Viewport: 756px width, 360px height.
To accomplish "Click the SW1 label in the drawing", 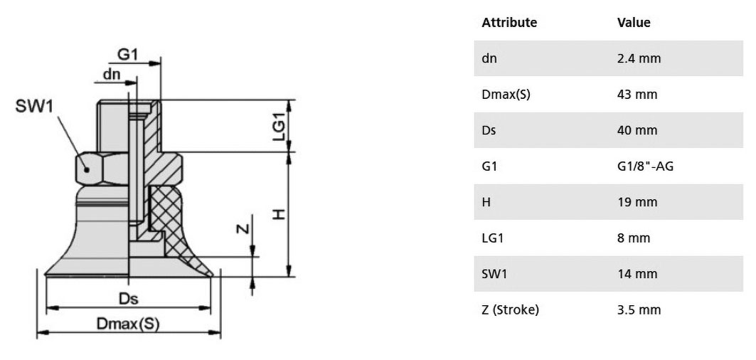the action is click(x=33, y=107).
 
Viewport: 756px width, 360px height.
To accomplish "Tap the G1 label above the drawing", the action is click(x=128, y=55).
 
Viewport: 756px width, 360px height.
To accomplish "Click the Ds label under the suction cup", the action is click(x=128, y=300).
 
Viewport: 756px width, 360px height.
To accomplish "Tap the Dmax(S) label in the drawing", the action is click(x=128, y=324).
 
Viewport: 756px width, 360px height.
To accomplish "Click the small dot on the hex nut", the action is click(x=86, y=169).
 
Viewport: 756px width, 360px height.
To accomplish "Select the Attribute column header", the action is click(x=509, y=22).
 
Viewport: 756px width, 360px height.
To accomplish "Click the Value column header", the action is click(x=634, y=22).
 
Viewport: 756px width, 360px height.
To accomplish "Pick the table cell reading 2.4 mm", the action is click(x=639, y=58).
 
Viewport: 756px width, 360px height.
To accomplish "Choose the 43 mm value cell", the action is click(x=637, y=94).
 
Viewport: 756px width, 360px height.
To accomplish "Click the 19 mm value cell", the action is click(x=637, y=202).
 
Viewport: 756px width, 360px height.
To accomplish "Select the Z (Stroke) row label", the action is click(x=510, y=309).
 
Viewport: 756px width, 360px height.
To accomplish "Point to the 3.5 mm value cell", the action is click(x=639, y=309).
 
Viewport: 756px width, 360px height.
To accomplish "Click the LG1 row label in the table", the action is click(x=493, y=238).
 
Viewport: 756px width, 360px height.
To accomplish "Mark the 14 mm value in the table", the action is click(x=637, y=274).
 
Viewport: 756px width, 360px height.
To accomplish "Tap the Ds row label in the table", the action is click(x=489, y=130).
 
